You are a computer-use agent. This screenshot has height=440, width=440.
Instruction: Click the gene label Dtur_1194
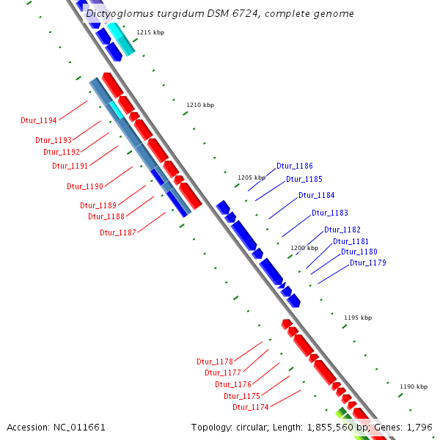point(39,120)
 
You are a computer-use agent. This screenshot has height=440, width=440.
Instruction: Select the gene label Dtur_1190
point(85,186)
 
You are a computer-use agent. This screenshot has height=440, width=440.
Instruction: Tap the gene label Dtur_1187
point(118,232)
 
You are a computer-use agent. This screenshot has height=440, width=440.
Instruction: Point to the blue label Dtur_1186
point(295,166)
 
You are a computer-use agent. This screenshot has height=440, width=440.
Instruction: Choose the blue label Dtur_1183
point(330,213)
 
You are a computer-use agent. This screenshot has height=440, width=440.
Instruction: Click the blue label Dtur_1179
point(368,263)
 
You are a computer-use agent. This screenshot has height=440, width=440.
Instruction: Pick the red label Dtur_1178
point(215,362)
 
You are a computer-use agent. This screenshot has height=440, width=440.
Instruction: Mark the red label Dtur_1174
point(251,407)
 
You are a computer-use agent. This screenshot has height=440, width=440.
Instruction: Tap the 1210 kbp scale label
point(200,106)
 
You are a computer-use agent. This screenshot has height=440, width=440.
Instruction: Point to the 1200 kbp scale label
point(304,248)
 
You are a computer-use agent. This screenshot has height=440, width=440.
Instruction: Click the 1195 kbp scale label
point(358,318)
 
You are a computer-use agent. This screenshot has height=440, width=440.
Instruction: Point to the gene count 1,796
point(418,427)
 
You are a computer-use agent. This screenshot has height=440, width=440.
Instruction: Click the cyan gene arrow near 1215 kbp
point(122,40)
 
